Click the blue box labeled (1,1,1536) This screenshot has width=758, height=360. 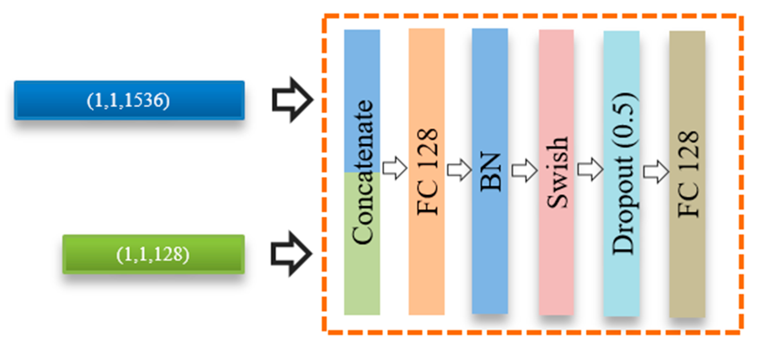[129, 100]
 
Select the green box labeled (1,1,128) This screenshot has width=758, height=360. [153, 254]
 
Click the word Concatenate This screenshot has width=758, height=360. [363, 172]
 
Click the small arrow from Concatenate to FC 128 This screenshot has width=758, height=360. [395, 168]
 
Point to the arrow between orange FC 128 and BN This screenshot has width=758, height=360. [459, 170]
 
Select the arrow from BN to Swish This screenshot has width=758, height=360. [524, 171]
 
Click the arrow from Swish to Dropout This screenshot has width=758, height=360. [590, 169]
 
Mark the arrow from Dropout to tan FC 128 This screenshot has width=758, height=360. [656, 172]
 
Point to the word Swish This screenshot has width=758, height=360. [557, 172]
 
